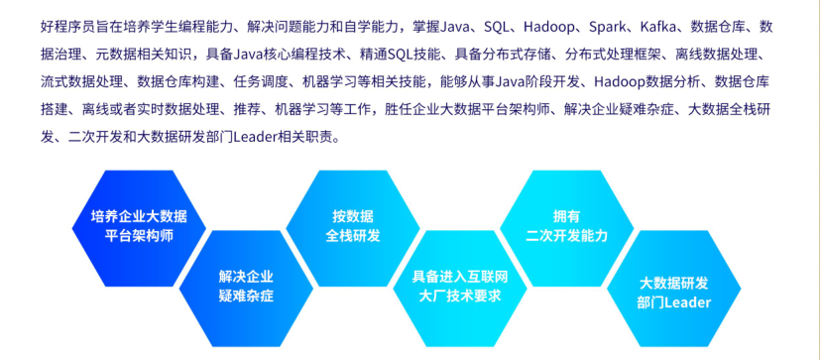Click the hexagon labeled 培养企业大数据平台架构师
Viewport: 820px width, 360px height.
pyautogui.click(x=139, y=228)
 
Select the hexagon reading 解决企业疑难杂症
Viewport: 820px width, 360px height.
pyautogui.click(x=246, y=289)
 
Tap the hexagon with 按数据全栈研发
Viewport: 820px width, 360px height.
pyautogui.click(x=353, y=228)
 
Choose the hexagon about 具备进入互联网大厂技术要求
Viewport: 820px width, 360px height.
pyautogui.click(x=460, y=289)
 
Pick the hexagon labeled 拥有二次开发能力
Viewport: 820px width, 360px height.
pyautogui.click(x=567, y=228)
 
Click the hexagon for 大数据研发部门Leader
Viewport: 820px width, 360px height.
pyautogui.click(x=674, y=289)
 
